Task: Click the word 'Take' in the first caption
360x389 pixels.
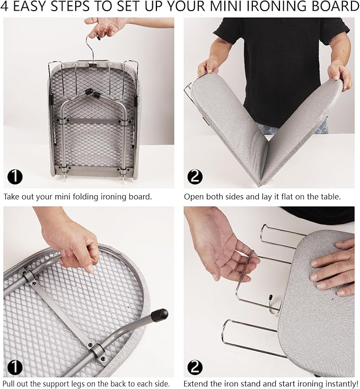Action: click(x=12, y=197)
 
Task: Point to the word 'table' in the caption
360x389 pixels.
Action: click(x=330, y=197)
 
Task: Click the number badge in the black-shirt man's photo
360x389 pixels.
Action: click(x=196, y=177)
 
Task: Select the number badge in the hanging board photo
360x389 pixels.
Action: click(x=15, y=177)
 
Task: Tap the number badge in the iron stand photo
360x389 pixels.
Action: click(x=196, y=366)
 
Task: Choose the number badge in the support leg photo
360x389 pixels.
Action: click(x=15, y=366)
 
